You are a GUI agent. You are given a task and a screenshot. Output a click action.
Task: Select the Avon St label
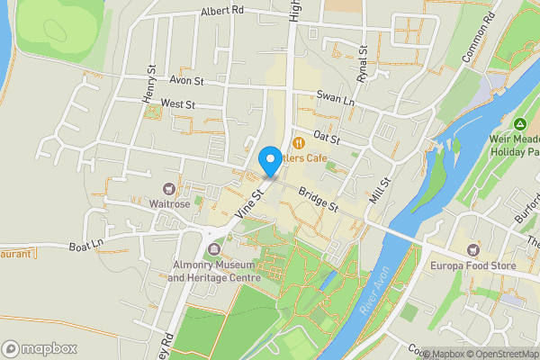pyautogui.click(x=186, y=81)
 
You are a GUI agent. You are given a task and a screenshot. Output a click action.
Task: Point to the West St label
pyautogui.click(x=178, y=104)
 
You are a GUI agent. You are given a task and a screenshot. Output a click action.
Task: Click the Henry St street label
pyautogui.click(x=150, y=82)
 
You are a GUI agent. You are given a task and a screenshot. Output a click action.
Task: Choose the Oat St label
pyautogui.click(x=326, y=138)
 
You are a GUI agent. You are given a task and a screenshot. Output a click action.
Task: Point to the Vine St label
pyautogui.click(x=247, y=201)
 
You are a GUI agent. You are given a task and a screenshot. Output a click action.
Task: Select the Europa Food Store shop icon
pyautogui.click(x=472, y=247)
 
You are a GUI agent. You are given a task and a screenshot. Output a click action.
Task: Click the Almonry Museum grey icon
pyautogui.click(x=213, y=249)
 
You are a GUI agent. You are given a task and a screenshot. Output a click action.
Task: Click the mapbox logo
pyautogui.click(x=40, y=348)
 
